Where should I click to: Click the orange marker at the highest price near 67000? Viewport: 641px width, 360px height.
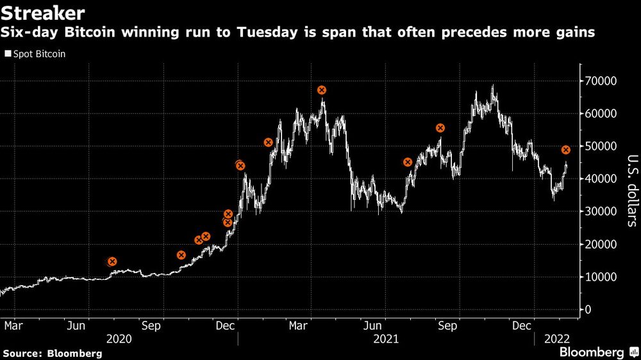click(322, 90)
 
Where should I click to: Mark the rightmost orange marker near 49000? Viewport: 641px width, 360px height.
click(566, 150)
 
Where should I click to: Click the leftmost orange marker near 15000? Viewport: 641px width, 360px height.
click(112, 261)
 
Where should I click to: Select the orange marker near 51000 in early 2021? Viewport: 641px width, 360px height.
click(269, 142)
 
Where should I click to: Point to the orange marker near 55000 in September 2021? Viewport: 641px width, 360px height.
click(440, 128)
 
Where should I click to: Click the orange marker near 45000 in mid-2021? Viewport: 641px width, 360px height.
click(408, 162)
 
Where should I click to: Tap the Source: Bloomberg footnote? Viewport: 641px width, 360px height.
click(53, 354)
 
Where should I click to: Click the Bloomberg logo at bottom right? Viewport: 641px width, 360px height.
click(592, 352)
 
